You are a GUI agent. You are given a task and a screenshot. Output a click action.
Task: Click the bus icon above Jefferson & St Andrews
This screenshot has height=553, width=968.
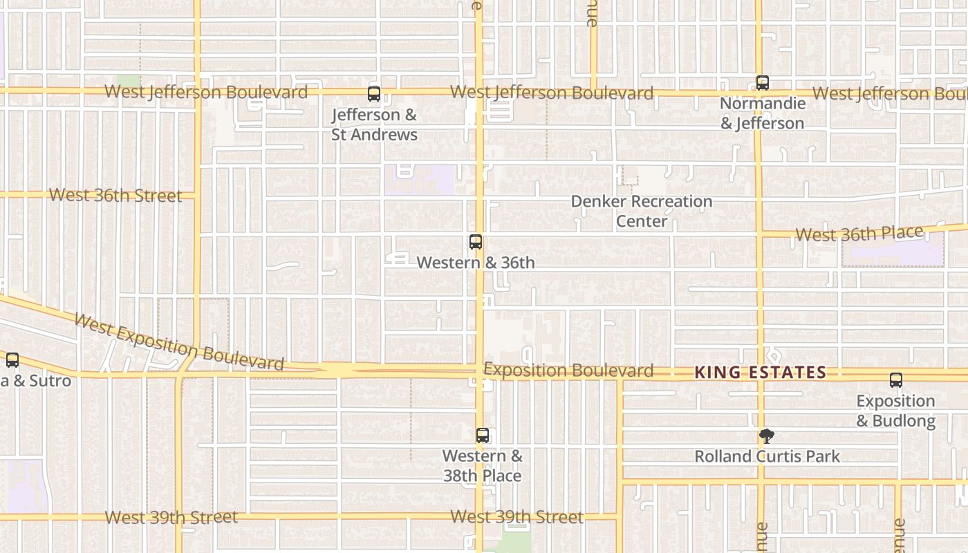click(374, 93)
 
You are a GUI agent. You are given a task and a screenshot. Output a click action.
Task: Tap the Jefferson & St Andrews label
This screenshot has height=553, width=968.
click(374, 124)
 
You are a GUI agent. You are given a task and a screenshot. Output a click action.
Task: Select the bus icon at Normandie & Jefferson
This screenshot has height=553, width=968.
click(762, 83)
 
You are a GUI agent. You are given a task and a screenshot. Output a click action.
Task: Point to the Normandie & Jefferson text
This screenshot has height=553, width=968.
click(763, 113)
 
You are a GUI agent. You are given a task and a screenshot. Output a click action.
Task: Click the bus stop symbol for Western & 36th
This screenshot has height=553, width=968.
click(476, 242)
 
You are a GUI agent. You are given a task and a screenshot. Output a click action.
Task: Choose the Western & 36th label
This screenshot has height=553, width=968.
click(476, 263)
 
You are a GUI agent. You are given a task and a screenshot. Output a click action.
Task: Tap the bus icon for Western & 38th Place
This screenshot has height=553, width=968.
click(483, 435)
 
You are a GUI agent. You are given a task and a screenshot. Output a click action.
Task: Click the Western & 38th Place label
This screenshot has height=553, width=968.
click(482, 466)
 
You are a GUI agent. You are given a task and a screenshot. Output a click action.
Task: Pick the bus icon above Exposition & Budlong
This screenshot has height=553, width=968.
click(896, 379)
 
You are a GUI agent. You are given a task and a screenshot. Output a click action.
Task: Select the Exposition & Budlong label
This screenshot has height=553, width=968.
click(895, 411)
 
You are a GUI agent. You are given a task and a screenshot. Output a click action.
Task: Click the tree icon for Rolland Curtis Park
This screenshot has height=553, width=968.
click(766, 435)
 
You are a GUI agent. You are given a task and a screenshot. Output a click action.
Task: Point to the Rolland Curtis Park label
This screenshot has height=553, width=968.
click(767, 456)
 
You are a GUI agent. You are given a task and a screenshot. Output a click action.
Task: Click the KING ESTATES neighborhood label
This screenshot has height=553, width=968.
click(760, 373)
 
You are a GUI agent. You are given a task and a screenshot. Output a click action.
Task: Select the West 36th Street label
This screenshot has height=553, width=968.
click(115, 196)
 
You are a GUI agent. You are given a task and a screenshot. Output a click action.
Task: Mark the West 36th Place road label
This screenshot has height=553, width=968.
click(859, 234)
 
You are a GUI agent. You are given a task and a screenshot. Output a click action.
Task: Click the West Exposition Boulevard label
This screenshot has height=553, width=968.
click(178, 342)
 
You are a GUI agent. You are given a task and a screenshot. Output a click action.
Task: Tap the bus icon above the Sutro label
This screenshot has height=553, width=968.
click(12, 359)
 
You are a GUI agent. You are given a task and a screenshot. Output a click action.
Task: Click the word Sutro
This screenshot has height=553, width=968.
click(50, 381)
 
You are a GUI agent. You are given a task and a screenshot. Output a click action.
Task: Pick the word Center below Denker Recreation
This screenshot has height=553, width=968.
click(642, 221)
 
